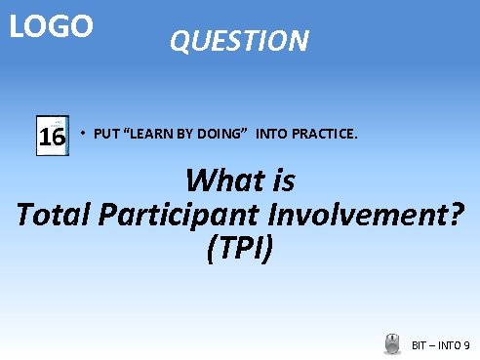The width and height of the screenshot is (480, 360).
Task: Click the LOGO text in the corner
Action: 52,25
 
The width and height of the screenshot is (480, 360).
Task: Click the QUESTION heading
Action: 239,41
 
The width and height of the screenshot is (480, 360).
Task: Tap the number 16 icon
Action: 52,137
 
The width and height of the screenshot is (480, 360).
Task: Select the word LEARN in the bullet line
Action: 149,133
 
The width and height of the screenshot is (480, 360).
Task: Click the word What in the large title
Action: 222,181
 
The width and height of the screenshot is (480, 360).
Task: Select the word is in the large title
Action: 283,181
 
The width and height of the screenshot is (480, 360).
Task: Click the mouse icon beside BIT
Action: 393,343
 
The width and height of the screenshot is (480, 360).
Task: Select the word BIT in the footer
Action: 420,345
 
